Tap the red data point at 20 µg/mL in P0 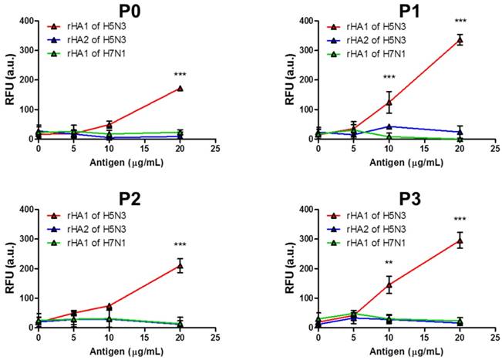coord(180,88)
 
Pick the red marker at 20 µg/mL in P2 coord(180,266)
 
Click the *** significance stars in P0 coord(180,74)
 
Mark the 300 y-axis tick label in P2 coord(24,239)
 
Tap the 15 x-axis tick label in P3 coord(424,337)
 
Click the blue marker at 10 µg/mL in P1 coord(389,126)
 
